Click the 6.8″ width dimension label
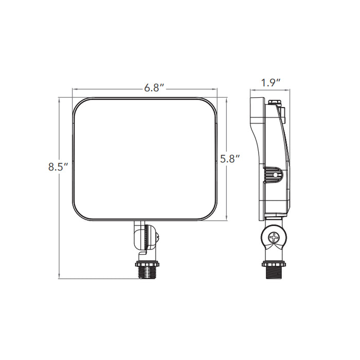pyautogui.click(x=154, y=88)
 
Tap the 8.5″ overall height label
pyautogui.click(x=58, y=167)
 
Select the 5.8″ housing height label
pyautogui.click(x=230, y=159)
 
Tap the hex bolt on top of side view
pyautogui.click(x=276, y=103)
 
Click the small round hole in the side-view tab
pyautogui.click(x=276, y=175)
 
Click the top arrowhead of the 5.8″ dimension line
pyautogui.click(x=227, y=100)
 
